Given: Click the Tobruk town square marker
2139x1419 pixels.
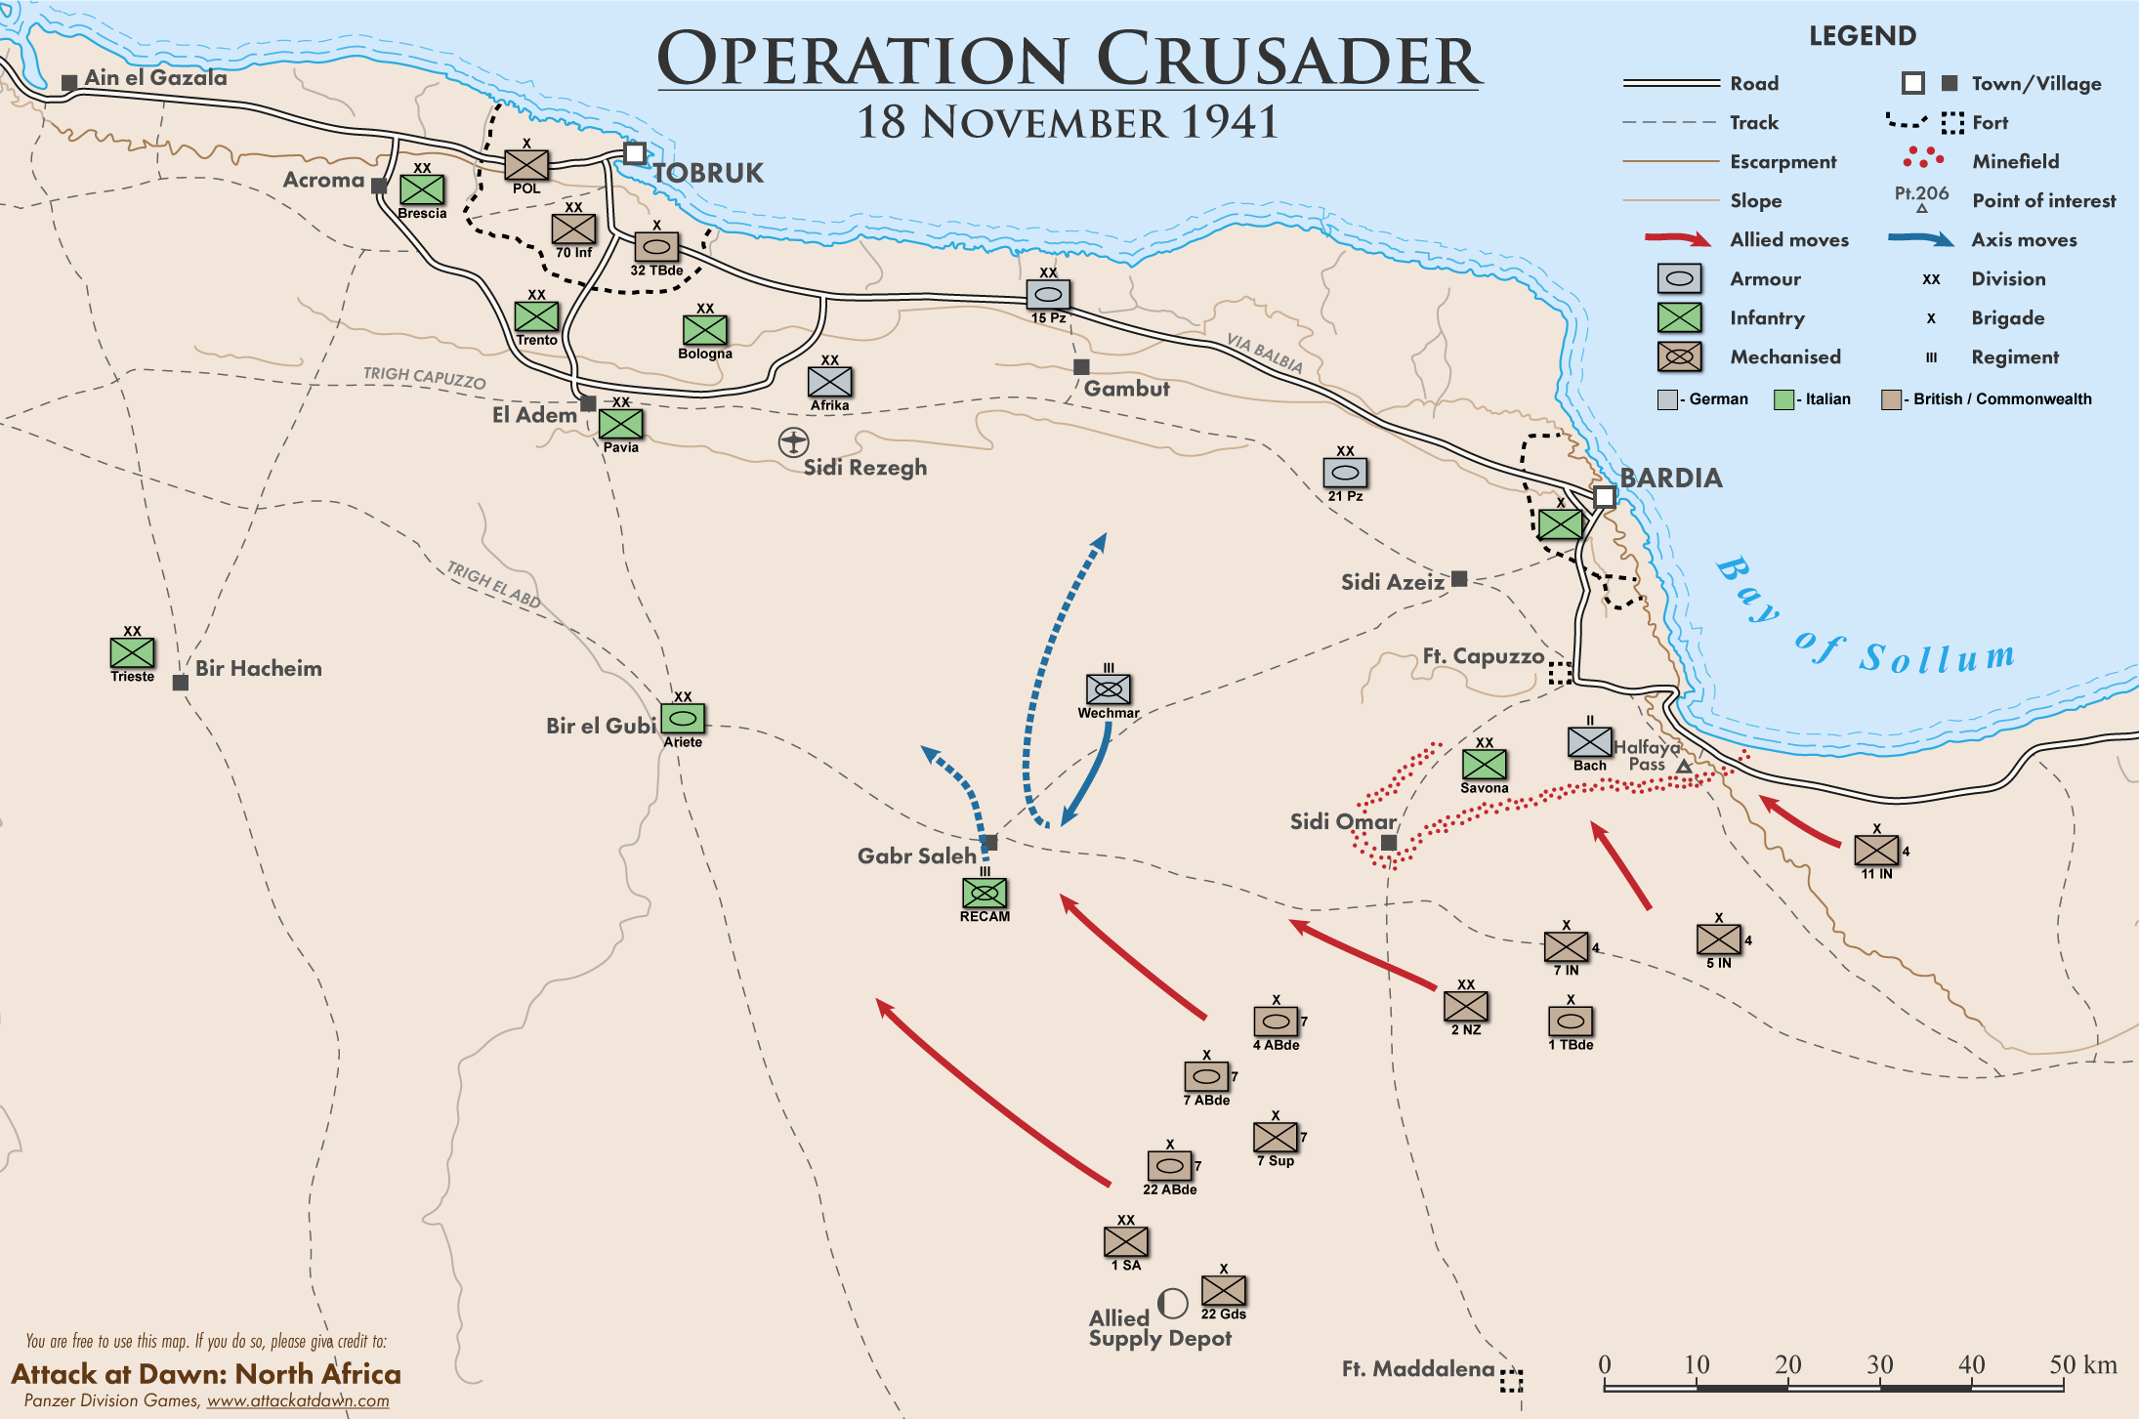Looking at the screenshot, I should click(635, 153).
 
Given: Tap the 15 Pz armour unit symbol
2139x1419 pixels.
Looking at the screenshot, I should click(1048, 294).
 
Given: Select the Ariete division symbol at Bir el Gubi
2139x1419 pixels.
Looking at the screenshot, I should click(683, 719).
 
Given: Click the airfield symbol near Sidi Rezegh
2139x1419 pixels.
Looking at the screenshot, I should click(793, 442).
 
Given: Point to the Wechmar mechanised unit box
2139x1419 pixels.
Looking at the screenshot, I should click(1109, 689).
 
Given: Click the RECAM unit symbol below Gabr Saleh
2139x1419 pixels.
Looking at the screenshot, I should click(985, 893).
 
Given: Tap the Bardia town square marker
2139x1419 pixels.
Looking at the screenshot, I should click(1605, 497).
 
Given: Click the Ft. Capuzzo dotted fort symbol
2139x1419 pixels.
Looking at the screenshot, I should click(1560, 672).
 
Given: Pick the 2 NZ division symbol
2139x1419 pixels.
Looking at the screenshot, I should click(1466, 1006).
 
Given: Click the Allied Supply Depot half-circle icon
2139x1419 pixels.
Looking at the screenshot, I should click(1172, 1303).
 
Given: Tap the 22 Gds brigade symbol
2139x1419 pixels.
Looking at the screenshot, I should click(1223, 1291).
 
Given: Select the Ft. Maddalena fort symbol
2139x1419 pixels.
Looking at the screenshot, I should click(1511, 1379).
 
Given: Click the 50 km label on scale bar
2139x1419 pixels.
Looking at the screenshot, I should click(2082, 1364).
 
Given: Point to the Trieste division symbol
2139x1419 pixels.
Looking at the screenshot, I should click(132, 652).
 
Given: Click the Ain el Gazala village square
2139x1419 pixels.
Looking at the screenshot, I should click(69, 83).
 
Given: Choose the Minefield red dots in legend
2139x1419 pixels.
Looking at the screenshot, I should click(1923, 157).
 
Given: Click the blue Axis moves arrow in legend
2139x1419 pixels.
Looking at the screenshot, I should click(1920, 239).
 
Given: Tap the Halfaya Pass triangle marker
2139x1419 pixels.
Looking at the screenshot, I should click(1684, 768).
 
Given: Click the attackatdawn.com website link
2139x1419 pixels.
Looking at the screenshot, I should click(298, 1400).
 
